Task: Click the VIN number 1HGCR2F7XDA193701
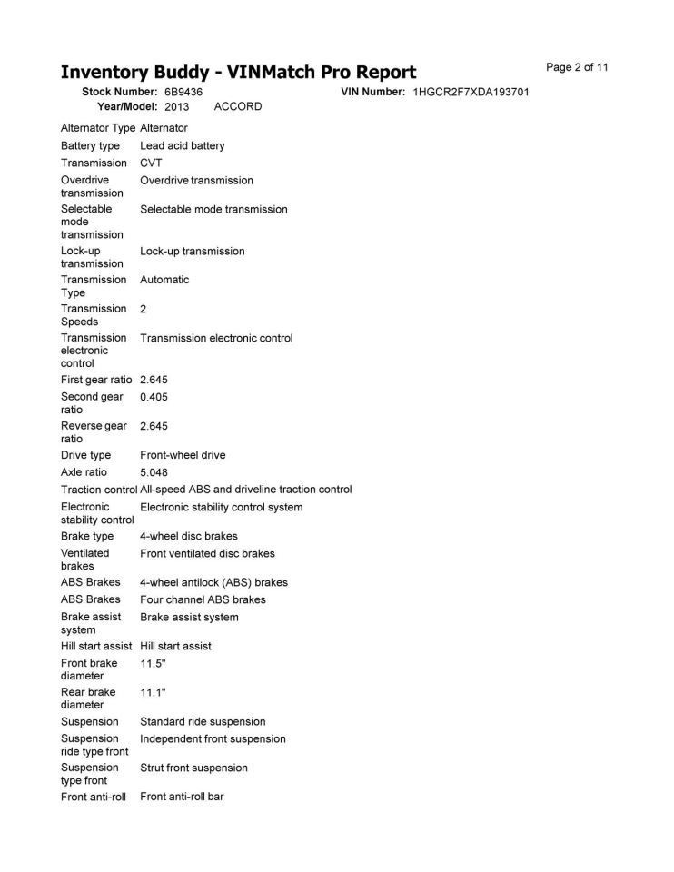(x=471, y=93)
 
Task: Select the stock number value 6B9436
(x=183, y=93)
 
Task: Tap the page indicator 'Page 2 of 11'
(x=577, y=67)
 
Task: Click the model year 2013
(x=176, y=106)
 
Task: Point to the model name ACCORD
(x=238, y=106)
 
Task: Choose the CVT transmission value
(x=151, y=163)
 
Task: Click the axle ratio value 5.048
(x=154, y=472)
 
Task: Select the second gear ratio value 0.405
(x=154, y=397)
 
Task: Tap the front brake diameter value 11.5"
(x=153, y=664)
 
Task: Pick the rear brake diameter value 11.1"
(x=153, y=693)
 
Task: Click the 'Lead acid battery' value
(x=183, y=146)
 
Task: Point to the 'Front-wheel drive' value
(x=183, y=455)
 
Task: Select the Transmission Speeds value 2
(x=144, y=309)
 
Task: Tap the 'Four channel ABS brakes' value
(x=203, y=599)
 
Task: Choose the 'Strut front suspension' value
(x=193, y=768)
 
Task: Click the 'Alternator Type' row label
(x=98, y=128)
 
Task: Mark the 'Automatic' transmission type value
(x=164, y=280)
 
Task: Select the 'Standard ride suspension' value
(x=203, y=722)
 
